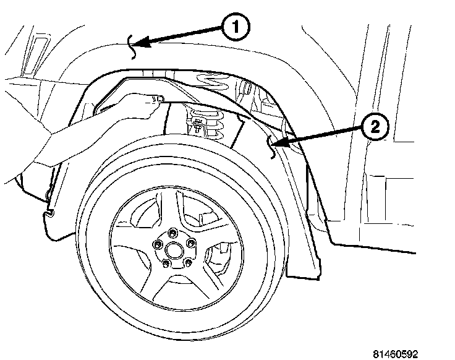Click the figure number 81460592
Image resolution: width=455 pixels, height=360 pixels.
coord(396,354)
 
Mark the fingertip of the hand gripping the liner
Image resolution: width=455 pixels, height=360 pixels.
coord(157,99)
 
